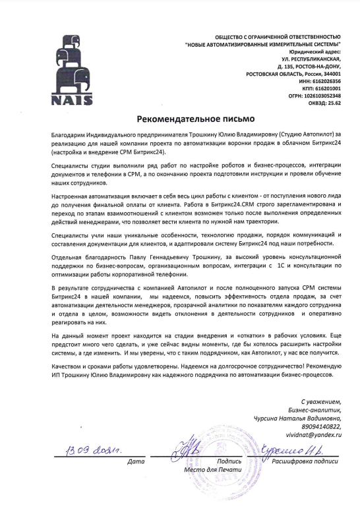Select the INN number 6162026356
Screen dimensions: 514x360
pyautogui.click(x=329, y=81)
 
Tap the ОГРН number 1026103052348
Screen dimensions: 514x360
pyautogui.click(x=325, y=96)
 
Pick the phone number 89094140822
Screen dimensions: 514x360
pyautogui.click(x=321, y=426)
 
